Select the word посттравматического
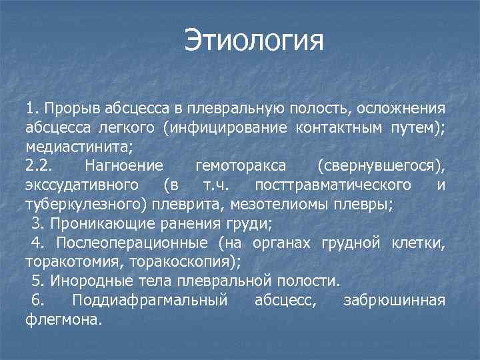coord(333,184)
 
